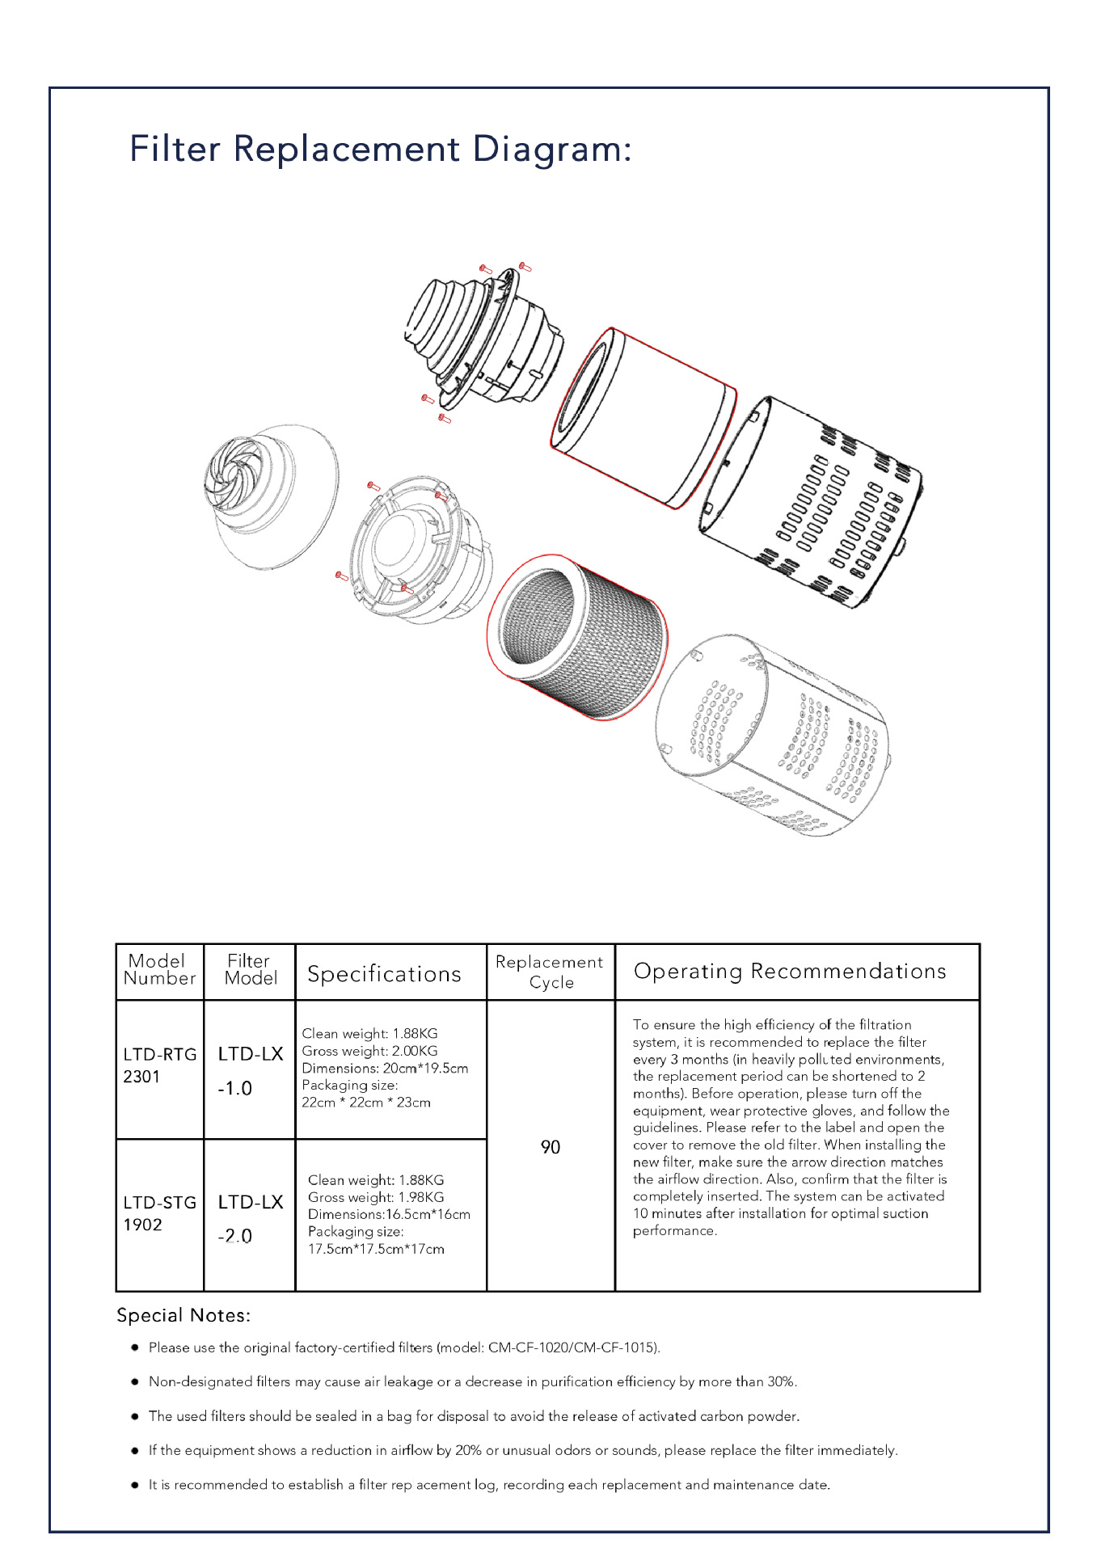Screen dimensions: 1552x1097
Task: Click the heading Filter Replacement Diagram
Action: click(x=380, y=150)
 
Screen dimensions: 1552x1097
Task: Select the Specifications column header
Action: click(x=384, y=974)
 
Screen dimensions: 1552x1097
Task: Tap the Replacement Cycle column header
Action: click(x=550, y=972)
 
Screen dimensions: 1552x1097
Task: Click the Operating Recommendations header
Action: click(x=790, y=971)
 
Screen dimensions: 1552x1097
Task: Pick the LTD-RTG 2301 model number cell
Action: click(x=159, y=1065)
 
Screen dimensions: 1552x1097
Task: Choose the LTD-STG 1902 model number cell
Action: click(x=159, y=1213)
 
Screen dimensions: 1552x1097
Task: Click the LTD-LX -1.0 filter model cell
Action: click(x=250, y=1071)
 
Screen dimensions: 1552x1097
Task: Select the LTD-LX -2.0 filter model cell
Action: click(x=250, y=1219)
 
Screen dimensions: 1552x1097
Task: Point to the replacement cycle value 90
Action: click(x=551, y=1147)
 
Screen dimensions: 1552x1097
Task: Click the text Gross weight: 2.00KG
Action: click(x=369, y=1051)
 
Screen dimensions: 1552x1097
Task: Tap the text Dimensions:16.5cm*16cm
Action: click(x=389, y=1214)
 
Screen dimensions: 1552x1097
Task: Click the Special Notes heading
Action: click(x=184, y=1315)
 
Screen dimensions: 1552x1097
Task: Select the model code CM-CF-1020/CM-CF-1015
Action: click(x=572, y=1347)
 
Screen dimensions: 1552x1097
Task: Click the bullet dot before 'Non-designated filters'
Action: click(x=135, y=1381)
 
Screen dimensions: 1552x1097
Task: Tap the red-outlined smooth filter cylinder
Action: click(x=643, y=416)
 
